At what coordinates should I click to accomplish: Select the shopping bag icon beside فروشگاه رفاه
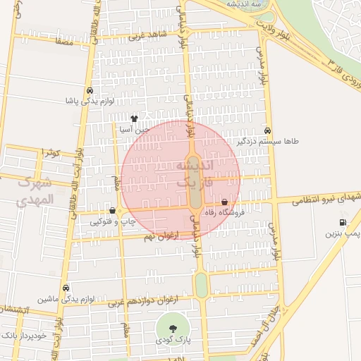(224, 202)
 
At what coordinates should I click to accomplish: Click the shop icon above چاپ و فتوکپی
(113, 211)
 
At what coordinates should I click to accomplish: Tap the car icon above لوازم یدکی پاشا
(90, 92)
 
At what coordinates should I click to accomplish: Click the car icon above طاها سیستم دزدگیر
(267, 130)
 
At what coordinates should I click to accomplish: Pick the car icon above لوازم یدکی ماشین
(66, 288)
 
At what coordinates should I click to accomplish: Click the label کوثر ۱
(49, 153)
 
